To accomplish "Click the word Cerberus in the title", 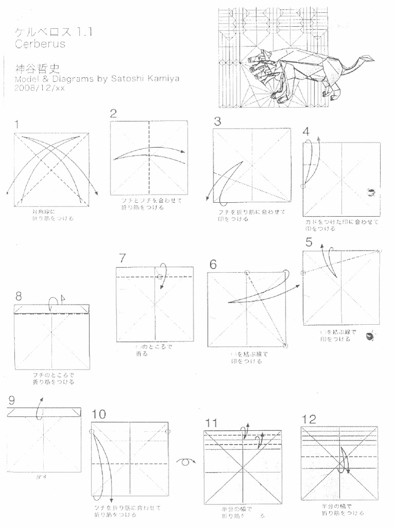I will [41, 44].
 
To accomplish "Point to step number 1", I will [18, 124].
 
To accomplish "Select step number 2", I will [114, 114].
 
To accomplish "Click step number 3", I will [218, 121].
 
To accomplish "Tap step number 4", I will [307, 131].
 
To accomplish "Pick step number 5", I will [309, 242].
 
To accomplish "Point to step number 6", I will [213, 264].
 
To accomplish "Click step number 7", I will [122, 258].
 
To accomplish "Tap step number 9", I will [11, 400].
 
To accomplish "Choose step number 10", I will [99, 414].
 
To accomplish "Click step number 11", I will [211, 423].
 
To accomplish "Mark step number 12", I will [309, 418].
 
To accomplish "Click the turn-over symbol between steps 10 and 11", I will [186, 462].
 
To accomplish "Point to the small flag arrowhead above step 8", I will [63, 297].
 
